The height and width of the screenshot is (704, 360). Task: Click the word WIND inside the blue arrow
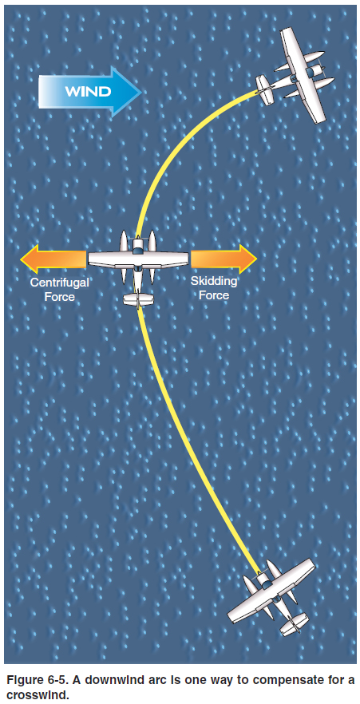click(88, 92)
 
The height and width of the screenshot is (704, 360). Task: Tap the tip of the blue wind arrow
click(142, 92)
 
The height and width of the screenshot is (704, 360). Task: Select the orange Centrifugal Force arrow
click(53, 259)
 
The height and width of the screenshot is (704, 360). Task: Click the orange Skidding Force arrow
click(224, 259)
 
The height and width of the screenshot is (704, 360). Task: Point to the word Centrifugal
click(59, 283)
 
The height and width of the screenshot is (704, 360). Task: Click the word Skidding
click(214, 282)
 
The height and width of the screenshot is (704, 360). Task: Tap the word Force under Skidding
click(214, 295)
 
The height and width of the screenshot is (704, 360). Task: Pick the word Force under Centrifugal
click(59, 297)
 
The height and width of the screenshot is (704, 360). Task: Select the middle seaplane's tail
click(139, 299)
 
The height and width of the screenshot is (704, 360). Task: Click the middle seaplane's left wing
click(110, 259)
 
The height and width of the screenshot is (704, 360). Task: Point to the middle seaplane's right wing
click(166, 259)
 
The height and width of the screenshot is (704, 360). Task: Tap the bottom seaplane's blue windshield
click(266, 583)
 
